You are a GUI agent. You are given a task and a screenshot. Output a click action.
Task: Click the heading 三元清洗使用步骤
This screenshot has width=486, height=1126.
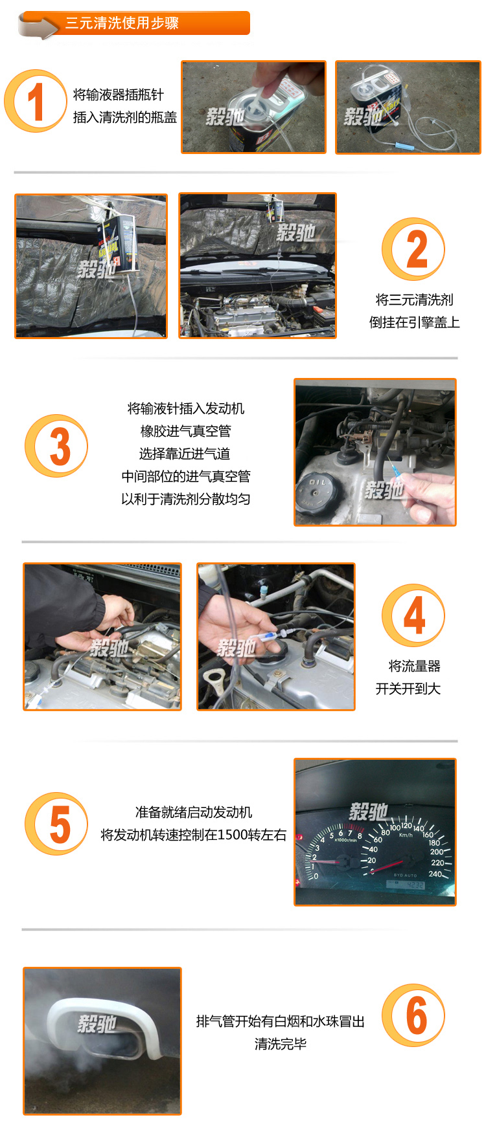pos(122,23)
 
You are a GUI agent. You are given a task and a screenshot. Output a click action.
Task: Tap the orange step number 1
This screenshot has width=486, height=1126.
pos(36,101)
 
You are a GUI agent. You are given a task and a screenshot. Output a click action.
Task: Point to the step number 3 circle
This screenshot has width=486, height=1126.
pos(56,446)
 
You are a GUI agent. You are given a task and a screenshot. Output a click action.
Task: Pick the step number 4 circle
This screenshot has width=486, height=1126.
pos(413,615)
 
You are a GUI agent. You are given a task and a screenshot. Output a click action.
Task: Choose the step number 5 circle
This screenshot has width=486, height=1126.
pos(56,824)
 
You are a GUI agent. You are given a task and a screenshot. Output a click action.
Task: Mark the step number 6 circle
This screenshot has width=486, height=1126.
pos(413,1015)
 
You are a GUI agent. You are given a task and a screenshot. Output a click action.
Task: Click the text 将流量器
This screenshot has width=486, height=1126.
pos(414,666)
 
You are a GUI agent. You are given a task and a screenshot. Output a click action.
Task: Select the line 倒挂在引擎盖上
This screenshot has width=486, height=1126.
pos(414,322)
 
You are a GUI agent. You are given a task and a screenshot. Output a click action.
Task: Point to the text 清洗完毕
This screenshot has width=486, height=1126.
pos(281,1044)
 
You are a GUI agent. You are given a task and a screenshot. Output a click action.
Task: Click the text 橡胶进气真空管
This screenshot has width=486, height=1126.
pos(186,431)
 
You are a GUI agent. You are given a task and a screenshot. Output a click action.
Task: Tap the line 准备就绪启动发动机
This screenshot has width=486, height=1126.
pos(194,812)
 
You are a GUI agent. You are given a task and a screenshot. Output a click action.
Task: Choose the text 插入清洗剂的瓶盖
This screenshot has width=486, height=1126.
pos(125,117)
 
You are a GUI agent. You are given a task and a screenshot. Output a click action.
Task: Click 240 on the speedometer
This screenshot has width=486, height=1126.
pos(435,874)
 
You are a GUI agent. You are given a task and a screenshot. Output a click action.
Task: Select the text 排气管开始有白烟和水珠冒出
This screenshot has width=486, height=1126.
pos(281,1021)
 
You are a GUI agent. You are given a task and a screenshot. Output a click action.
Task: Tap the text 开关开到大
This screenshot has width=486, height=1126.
pos(408,689)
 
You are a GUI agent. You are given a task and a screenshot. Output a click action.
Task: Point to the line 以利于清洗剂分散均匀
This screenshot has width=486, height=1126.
pos(186,499)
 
